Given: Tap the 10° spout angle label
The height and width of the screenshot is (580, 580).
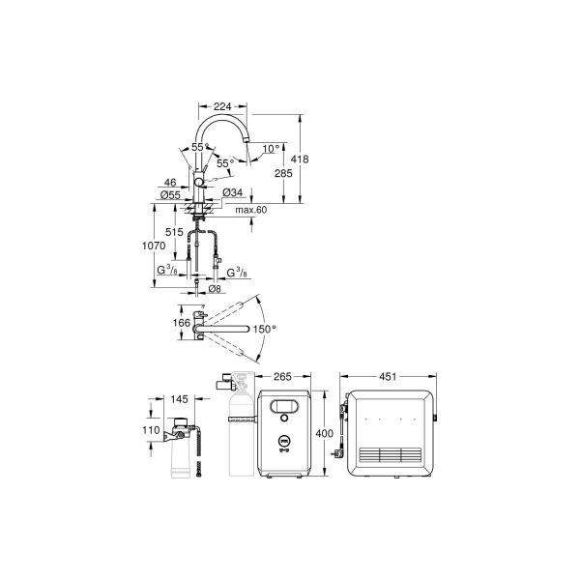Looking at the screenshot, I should pyautogui.click(x=271, y=149).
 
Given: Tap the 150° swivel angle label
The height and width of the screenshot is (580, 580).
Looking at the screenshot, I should pyautogui.click(x=265, y=329).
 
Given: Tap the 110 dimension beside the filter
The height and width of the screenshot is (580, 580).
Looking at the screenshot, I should pyautogui.click(x=152, y=431).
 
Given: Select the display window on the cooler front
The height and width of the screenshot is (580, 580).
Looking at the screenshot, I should pyautogui.click(x=284, y=409).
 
